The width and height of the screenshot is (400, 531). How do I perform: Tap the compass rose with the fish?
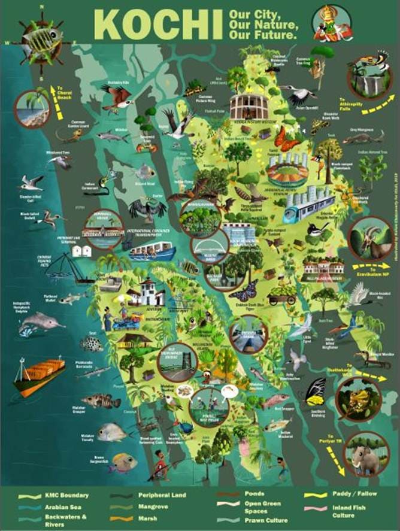tap(42, 42)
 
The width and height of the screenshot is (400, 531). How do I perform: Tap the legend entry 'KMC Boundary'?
tap(66, 496)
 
